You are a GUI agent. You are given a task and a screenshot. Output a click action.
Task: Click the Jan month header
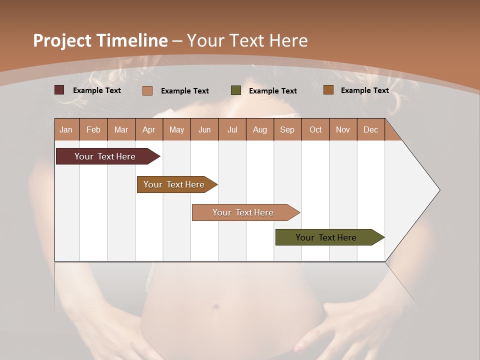(x=66, y=129)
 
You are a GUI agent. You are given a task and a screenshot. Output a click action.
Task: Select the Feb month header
(x=93, y=129)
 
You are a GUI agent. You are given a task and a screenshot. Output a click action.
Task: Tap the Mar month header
(x=121, y=129)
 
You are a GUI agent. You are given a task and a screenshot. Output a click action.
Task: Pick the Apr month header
(x=148, y=129)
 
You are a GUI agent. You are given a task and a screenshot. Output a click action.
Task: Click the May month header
(x=176, y=129)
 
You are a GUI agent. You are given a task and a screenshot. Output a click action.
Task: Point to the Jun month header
(x=204, y=129)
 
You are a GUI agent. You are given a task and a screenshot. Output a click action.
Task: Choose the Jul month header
(x=232, y=129)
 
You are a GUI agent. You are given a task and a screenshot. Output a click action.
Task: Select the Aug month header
(x=259, y=129)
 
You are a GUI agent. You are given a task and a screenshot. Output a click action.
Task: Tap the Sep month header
(x=287, y=129)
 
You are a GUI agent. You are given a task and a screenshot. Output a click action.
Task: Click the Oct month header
(x=315, y=129)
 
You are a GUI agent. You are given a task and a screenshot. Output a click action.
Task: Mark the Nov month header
(x=343, y=129)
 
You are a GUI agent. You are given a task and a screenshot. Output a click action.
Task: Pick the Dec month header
(x=370, y=129)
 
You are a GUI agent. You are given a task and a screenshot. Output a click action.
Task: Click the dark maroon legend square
(x=59, y=90)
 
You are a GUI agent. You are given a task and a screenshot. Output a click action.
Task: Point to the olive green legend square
(x=236, y=90)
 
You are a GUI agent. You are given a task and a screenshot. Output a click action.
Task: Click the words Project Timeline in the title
(x=100, y=40)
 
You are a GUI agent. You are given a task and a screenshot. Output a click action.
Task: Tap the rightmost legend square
(x=328, y=90)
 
